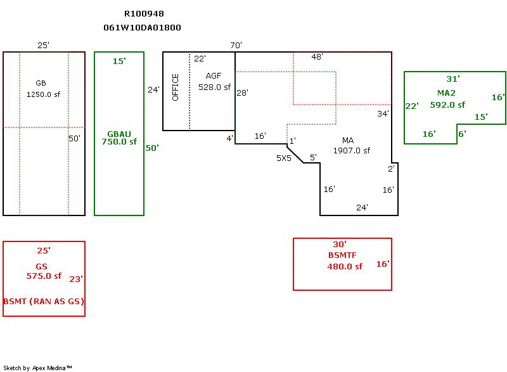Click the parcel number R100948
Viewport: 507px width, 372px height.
pyautogui.click(x=144, y=13)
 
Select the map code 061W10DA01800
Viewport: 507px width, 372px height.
pyautogui.click(x=142, y=28)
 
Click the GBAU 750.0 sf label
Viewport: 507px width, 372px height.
pyautogui.click(x=119, y=138)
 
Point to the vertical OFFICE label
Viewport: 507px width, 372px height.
pyautogui.click(x=176, y=87)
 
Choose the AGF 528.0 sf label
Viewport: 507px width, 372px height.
pyautogui.click(x=214, y=81)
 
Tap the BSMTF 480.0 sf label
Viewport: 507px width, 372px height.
pyautogui.click(x=344, y=261)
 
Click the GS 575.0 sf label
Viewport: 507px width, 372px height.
pyautogui.click(x=43, y=271)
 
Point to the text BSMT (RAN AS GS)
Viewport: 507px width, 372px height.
pyautogui.click(x=44, y=301)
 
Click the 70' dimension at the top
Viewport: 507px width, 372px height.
pyautogui.click(x=236, y=45)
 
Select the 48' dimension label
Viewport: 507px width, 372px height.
pyautogui.click(x=318, y=56)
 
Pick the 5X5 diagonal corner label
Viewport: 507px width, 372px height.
pyautogui.click(x=283, y=158)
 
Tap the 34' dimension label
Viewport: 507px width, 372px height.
pyautogui.click(x=383, y=114)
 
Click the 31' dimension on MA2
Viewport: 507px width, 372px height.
pyautogui.click(x=452, y=79)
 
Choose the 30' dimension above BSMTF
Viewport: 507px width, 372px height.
pyautogui.click(x=340, y=244)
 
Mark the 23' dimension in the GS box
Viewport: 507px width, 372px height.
pyautogui.click(x=76, y=278)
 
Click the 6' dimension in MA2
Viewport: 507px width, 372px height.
pyautogui.click(x=462, y=134)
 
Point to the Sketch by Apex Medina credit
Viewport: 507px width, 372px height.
pyautogui.click(x=37, y=368)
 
